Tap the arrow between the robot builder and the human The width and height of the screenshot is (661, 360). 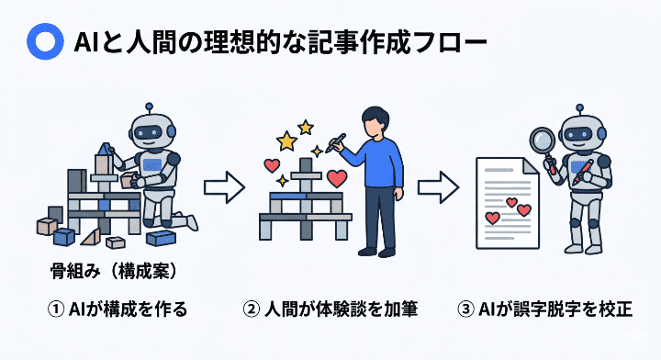tap(223, 189)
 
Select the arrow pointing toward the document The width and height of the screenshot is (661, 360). tap(438, 189)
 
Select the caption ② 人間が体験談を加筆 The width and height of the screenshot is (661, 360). tap(330, 309)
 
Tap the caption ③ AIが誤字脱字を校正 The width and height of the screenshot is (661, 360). tap(544, 309)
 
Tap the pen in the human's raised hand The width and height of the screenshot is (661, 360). tap(336, 141)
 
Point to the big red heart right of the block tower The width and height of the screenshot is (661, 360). tap(337, 177)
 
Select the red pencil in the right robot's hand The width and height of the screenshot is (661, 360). tap(580, 174)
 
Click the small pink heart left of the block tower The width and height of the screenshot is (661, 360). tap(272, 166)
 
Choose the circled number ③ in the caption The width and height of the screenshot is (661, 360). tap(465, 309)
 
